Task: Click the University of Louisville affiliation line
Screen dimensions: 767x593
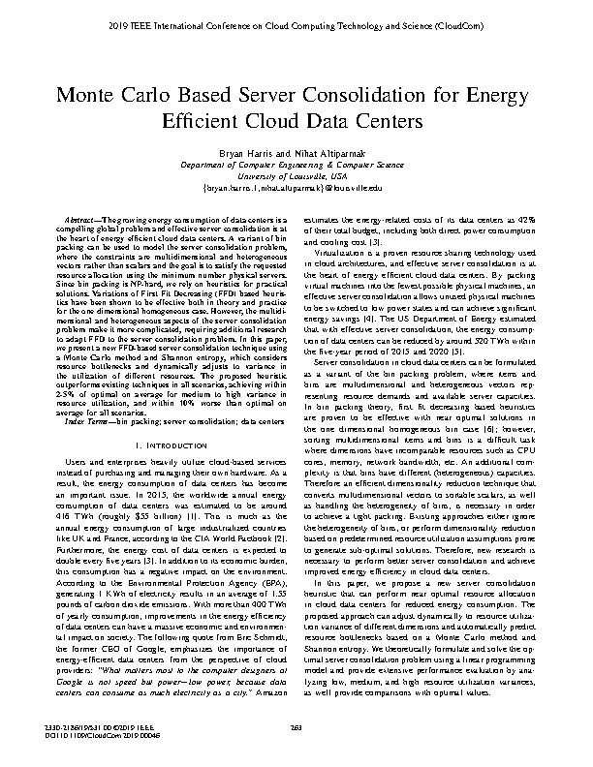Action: tap(296, 175)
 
